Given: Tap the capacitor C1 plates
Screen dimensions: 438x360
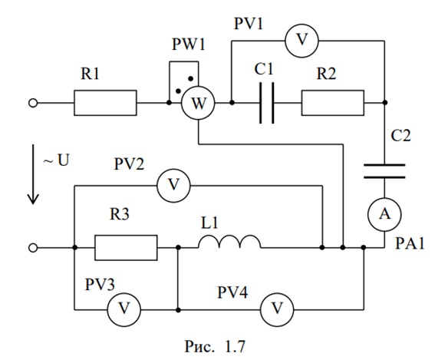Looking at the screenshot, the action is tap(267, 103).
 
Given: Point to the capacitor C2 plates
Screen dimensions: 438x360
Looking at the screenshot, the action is tap(384, 171).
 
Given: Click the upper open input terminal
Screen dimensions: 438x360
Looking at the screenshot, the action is tap(33, 103).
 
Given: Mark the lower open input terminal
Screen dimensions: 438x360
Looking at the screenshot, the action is tap(33, 248).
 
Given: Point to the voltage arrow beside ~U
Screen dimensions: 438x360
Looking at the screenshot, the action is tap(33, 174).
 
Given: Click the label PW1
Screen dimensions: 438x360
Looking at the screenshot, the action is tap(189, 45).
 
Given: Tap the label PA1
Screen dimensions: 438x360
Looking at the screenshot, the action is tap(410, 243).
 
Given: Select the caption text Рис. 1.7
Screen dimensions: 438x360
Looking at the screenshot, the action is tap(215, 347).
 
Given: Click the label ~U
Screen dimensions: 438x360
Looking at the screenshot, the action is tap(56, 160).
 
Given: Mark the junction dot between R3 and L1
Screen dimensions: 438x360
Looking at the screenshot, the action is tap(179, 248).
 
